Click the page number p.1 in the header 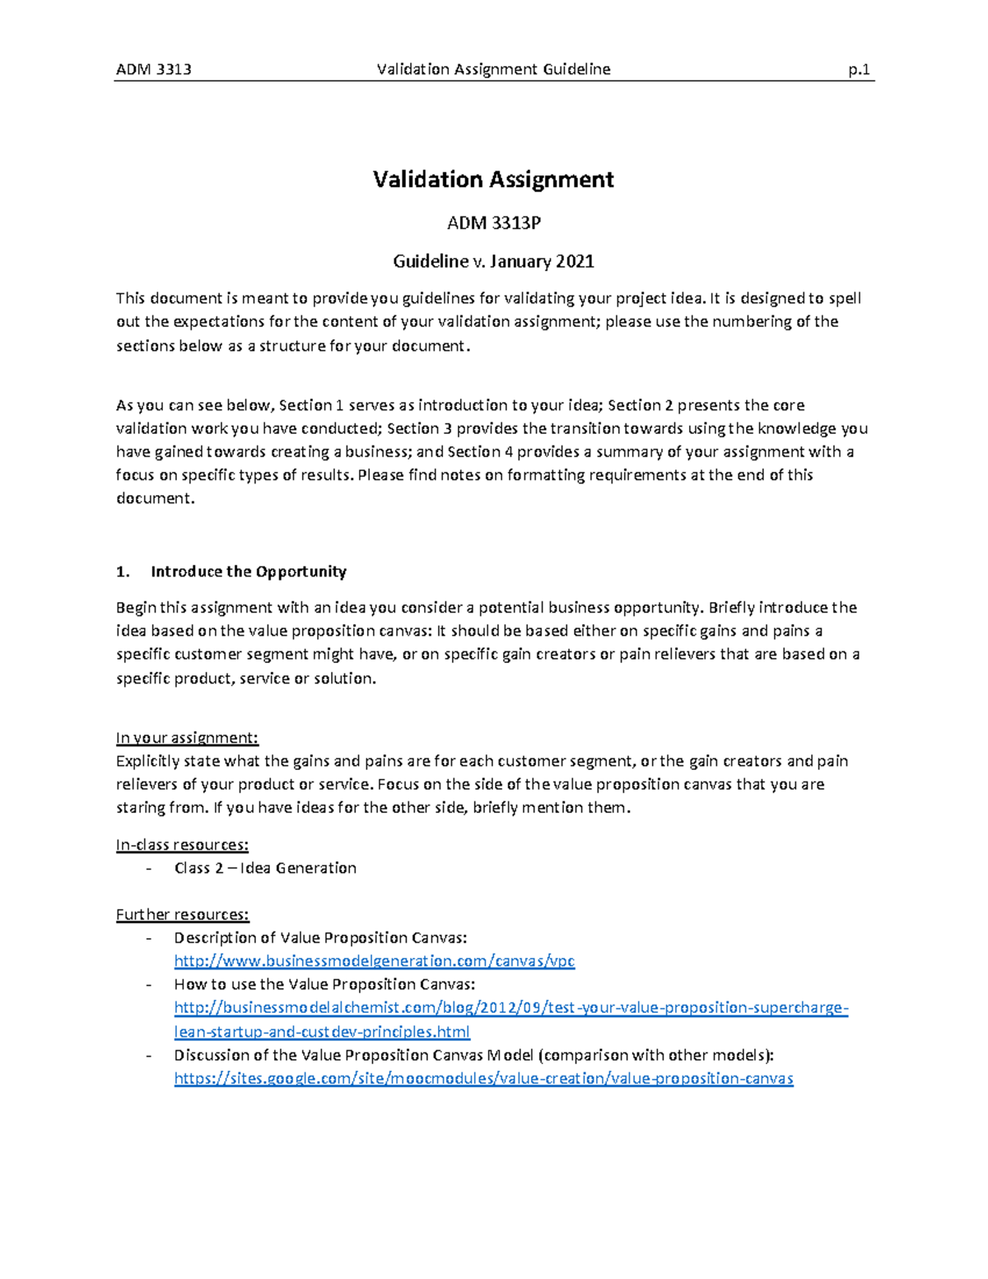859,69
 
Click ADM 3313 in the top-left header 154,69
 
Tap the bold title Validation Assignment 493,180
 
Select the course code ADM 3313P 493,223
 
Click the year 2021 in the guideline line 575,262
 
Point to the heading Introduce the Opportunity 248,572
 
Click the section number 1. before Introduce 123,572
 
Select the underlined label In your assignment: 187,738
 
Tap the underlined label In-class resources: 182,845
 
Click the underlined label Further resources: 182,915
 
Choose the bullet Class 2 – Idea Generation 265,868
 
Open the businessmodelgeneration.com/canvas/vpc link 374,961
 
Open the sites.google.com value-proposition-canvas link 483,1079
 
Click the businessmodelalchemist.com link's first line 510,1008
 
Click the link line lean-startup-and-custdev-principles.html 321,1032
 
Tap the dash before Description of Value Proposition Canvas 148,938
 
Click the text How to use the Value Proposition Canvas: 324,985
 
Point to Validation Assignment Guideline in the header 493,69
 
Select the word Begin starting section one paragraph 136,608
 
